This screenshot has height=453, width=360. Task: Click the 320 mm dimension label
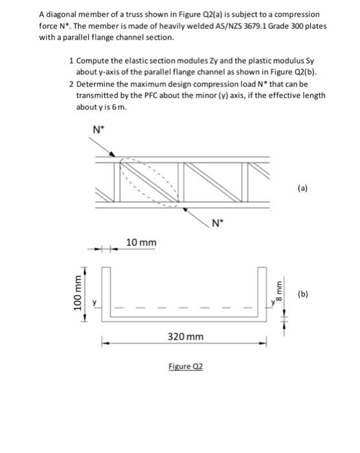point(186,337)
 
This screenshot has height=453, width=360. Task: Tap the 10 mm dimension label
point(141,242)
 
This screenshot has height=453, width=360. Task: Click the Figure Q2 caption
point(186,366)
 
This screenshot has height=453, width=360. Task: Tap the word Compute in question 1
point(95,60)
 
